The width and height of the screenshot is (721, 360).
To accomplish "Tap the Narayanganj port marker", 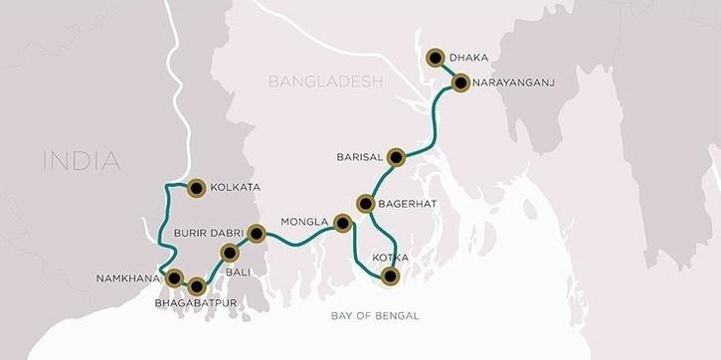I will [460, 83].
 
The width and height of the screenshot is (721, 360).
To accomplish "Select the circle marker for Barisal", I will [397, 156].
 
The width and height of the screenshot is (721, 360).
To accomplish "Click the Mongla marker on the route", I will [343, 223].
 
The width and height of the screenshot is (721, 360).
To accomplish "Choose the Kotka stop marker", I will [391, 276].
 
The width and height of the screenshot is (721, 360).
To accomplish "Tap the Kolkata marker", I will [195, 185].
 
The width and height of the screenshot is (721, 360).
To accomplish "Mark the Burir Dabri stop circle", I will [256, 234].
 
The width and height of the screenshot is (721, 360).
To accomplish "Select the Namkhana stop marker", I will [175, 276].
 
